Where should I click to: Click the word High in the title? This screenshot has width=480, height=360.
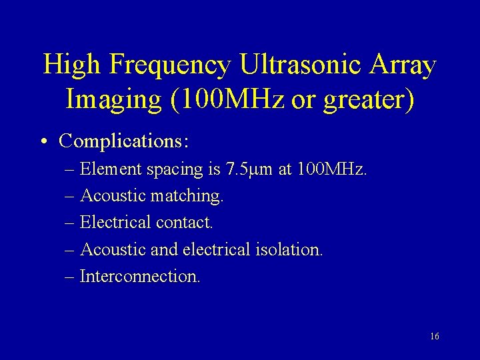pos(71,65)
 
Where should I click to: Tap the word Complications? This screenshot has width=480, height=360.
pos(124,141)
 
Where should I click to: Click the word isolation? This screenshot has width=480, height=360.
pos(290,249)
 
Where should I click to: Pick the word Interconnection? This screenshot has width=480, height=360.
pos(139,276)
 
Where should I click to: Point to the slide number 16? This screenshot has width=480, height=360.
pos(435,337)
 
